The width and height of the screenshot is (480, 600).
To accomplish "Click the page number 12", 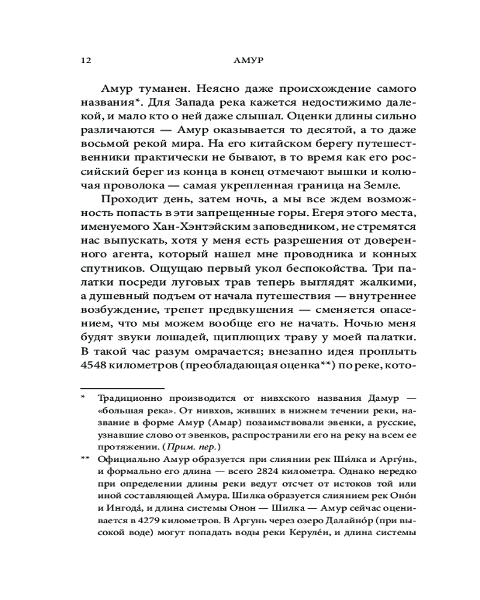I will click(x=85, y=61).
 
